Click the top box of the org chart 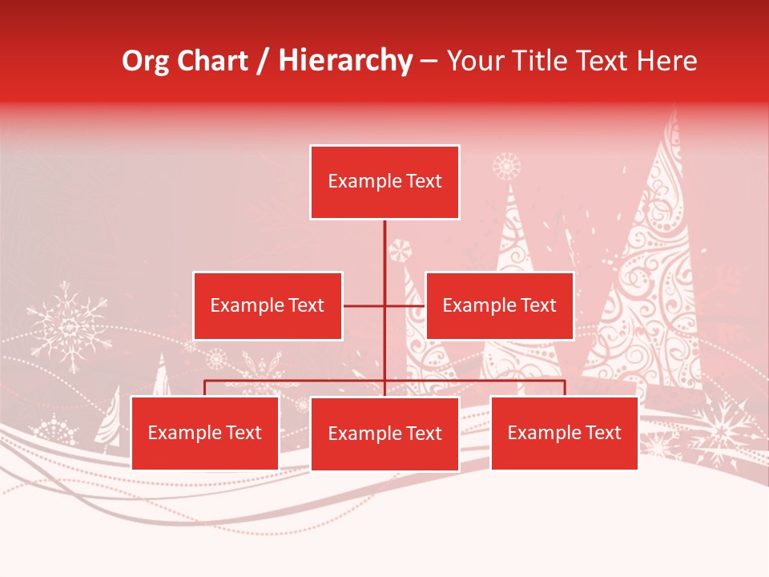(384, 182)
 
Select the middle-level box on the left (268, 305)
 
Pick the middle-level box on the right (499, 305)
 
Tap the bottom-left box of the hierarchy (205, 433)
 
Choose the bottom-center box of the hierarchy (384, 434)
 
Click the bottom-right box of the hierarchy (564, 433)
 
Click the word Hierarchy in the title (345, 61)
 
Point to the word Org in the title (146, 61)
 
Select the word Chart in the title (213, 61)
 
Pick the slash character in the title (264, 61)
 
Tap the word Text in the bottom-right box (602, 433)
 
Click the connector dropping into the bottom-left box (205, 388)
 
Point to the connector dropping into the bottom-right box (564, 388)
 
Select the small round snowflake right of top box (506, 167)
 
